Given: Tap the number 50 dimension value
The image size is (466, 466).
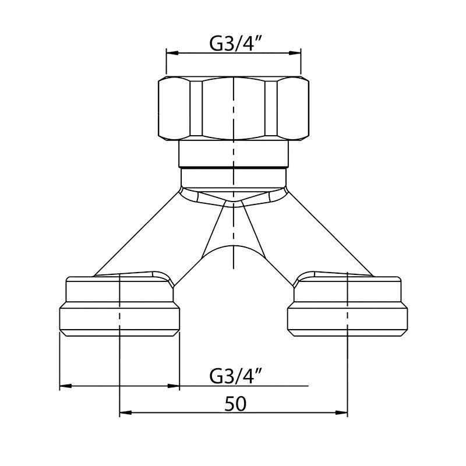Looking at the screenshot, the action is (235, 404).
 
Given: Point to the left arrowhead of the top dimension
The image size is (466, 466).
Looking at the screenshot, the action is (172, 53).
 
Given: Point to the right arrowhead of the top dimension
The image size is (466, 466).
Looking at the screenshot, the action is (295, 53).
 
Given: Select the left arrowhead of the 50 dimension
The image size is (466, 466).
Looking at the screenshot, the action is (125, 412).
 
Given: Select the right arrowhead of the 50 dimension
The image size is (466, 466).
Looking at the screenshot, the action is (341, 412).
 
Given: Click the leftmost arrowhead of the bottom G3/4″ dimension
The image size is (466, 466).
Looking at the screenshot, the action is (66, 386).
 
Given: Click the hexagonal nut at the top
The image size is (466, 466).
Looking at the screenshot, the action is (234, 108).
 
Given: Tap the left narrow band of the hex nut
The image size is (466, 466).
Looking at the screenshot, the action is (196, 108).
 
